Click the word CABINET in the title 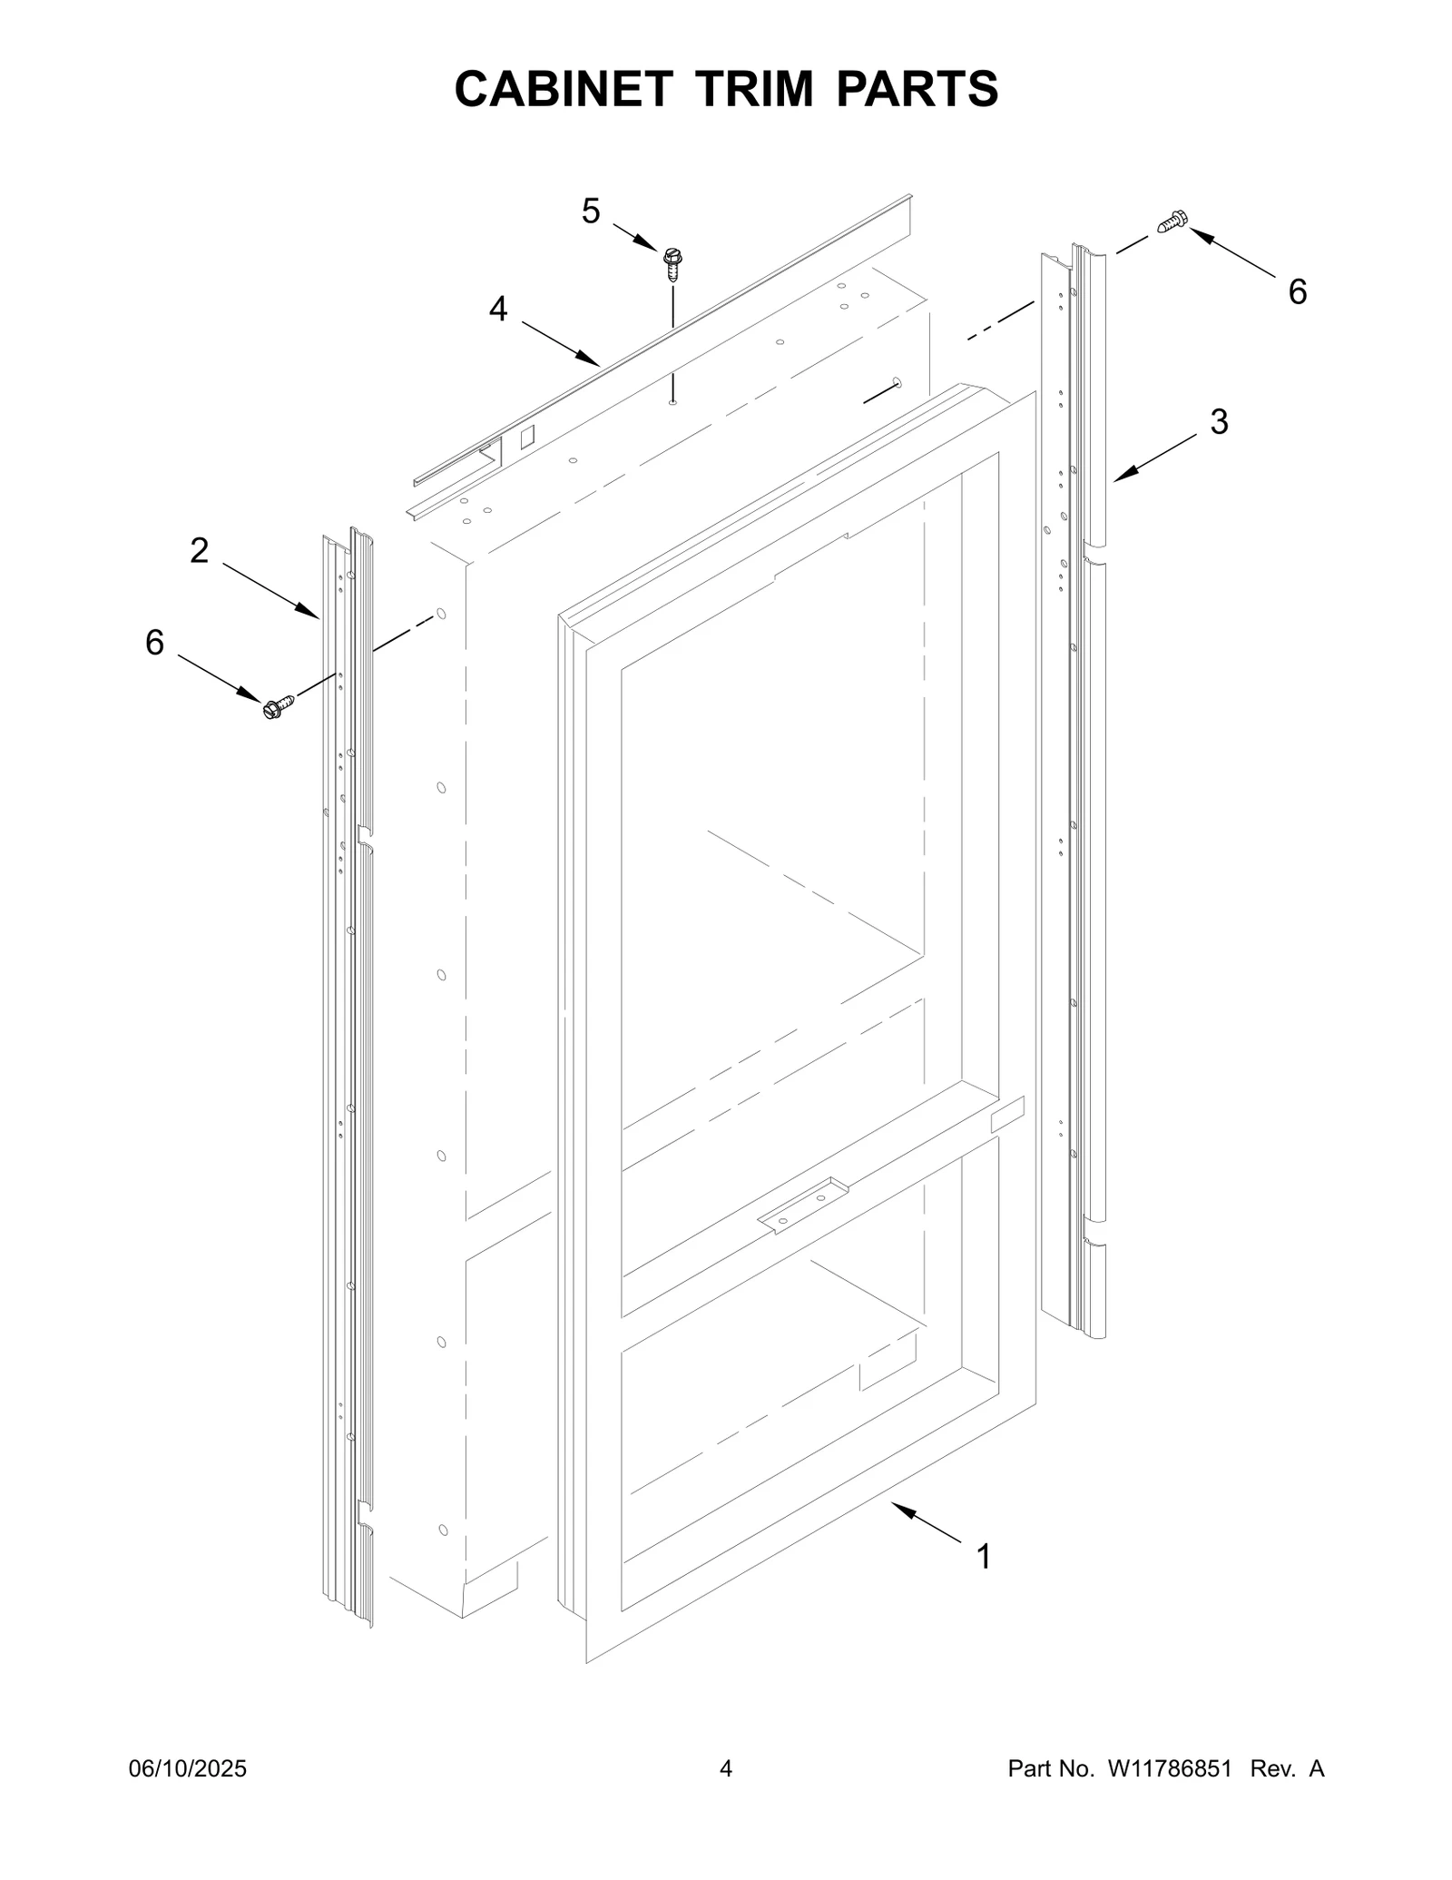coord(563,89)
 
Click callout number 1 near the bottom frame coord(983,1556)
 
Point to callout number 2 coord(199,550)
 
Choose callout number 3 coord(1219,421)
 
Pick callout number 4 coord(498,310)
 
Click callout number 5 coord(591,212)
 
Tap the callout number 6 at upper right coord(1298,291)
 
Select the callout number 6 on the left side coord(155,643)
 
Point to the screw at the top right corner coord(1172,221)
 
